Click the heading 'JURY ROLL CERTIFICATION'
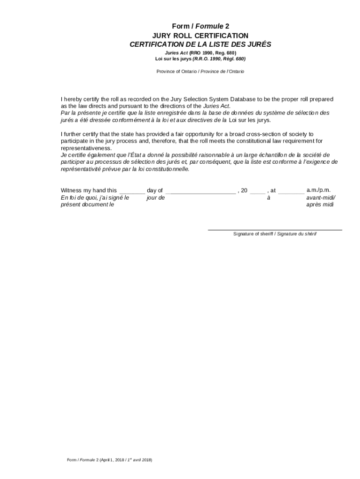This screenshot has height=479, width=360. tap(200, 36)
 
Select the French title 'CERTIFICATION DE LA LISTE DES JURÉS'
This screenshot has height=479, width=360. tap(200, 44)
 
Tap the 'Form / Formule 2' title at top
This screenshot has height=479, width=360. tap(200, 26)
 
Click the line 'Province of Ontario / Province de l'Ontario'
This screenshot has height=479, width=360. tap(200, 72)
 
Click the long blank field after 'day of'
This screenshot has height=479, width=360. tap(201, 191)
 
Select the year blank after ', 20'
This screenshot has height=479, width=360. tap(257, 191)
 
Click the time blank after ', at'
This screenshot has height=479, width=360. tap(291, 191)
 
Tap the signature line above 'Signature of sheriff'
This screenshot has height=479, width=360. tap(274, 229)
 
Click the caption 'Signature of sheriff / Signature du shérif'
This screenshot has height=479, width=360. tap(274, 234)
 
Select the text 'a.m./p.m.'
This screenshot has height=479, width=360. tap(318, 190)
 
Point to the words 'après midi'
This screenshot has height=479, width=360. tap(320, 204)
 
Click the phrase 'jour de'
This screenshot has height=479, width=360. tap(156, 198)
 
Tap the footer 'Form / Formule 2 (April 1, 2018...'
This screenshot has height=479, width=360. tap(109, 460)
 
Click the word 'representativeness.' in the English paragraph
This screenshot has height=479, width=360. tap(86, 148)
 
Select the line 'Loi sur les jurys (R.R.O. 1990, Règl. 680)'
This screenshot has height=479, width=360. tap(200, 59)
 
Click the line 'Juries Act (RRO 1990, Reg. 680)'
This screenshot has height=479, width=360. tap(200, 53)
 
